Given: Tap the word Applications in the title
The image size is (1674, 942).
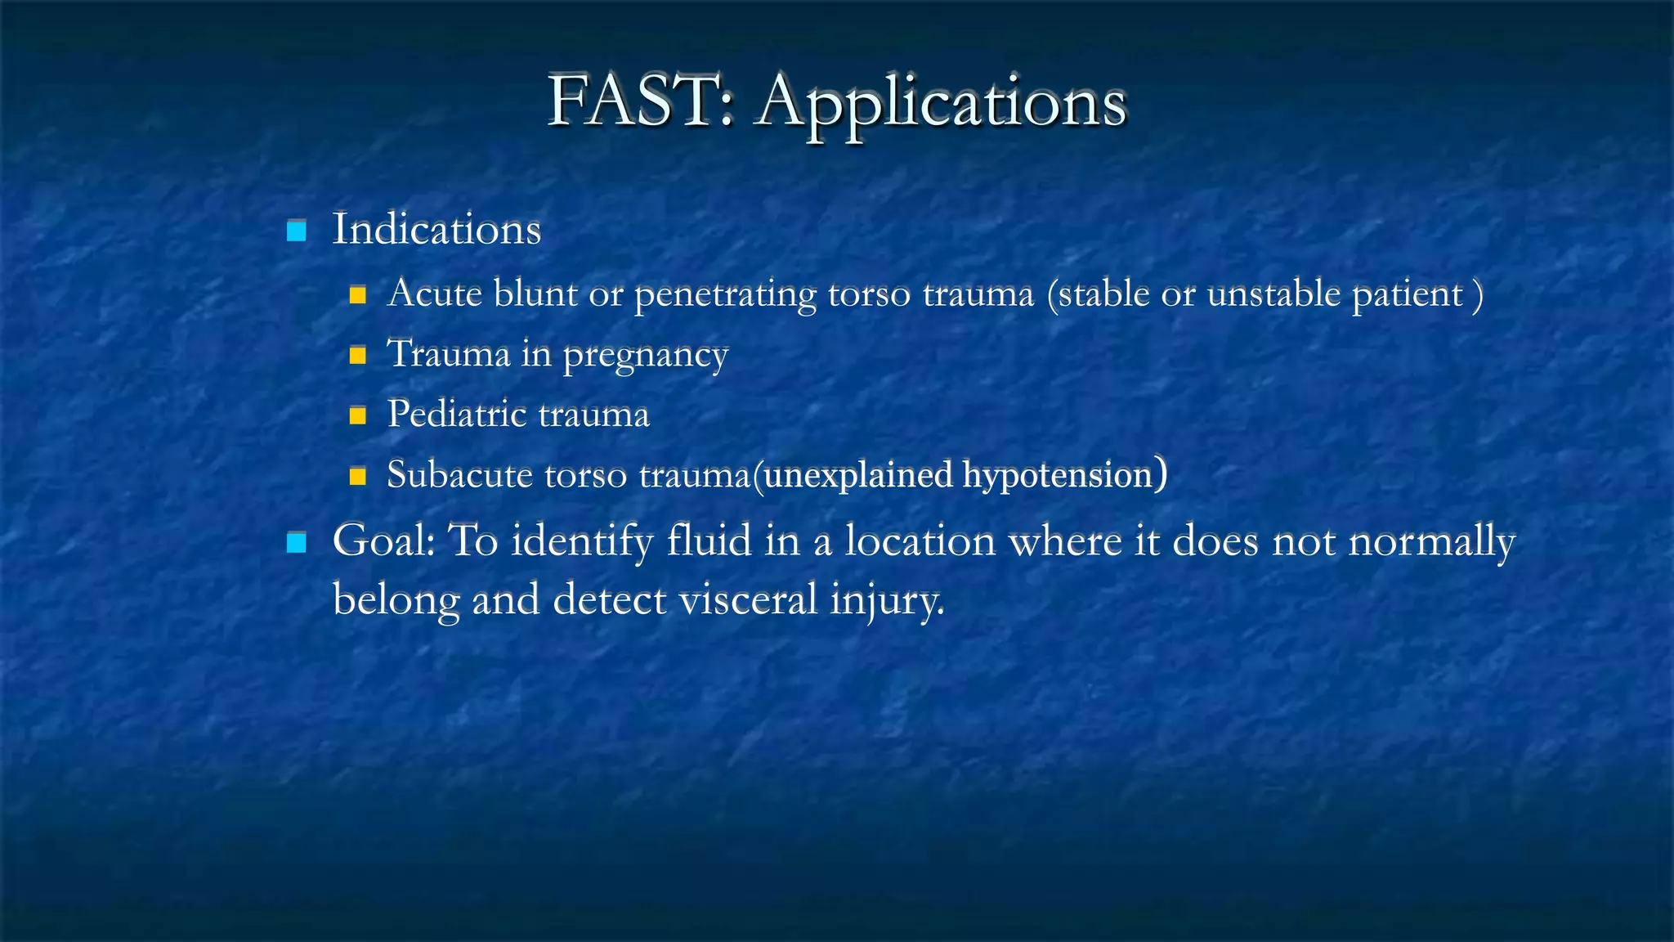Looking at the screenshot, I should [942, 105].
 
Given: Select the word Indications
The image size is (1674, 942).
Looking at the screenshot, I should [436, 229].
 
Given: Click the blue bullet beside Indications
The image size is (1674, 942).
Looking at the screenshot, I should [297, 231].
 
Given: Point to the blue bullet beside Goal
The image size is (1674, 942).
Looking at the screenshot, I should [297, 542].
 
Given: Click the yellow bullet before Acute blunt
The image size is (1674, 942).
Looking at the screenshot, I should [357, 294].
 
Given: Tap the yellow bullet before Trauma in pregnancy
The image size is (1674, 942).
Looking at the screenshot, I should [357, 355].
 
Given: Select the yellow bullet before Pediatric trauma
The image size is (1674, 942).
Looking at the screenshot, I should [357, 415].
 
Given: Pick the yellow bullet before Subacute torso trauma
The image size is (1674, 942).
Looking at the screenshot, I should [357, 476].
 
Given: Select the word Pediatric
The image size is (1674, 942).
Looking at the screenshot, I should [456, 414].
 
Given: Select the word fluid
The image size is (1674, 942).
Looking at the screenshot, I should [709, 541].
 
